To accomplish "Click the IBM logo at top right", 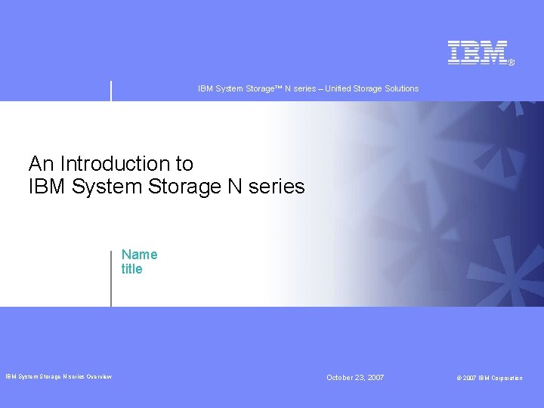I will tap(478, 52).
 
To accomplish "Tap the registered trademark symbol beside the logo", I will tap(512, 63).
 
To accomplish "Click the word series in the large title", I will tap(277, 186).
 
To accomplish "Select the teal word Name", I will tap(140, 255).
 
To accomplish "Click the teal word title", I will tap(131, 269).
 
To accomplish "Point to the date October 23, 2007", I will tap(355, 377).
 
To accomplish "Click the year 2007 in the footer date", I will tap(374, 377).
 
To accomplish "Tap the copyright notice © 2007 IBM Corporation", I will tap(489, 378).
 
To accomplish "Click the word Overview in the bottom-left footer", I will tap(99, 377).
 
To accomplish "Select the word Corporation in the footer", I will tap(505, 378).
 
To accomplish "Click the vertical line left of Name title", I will tap(111, 277).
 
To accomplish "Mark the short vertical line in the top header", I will tap(111, 90).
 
